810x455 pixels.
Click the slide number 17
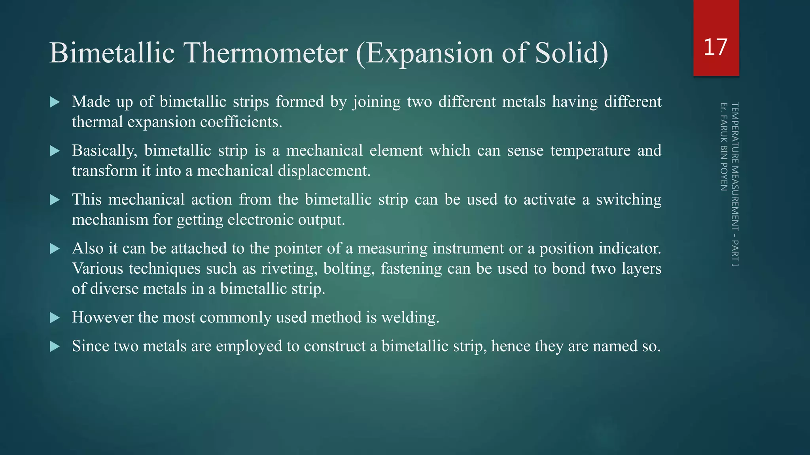(x=715, y=47)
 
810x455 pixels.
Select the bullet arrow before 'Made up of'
(x=55, y=102)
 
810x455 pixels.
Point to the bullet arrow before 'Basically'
(x=55, y=151)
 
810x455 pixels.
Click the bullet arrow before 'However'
(x=55, y=318)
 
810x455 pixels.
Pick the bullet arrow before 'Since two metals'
(x=55, y=347)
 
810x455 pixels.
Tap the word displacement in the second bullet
(x=324, y=171)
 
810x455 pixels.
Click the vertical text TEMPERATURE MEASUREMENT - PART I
(x=735, y=184)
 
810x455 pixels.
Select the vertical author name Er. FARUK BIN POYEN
(x=723, y=147)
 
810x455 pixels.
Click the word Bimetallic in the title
(x=112, y=53)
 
